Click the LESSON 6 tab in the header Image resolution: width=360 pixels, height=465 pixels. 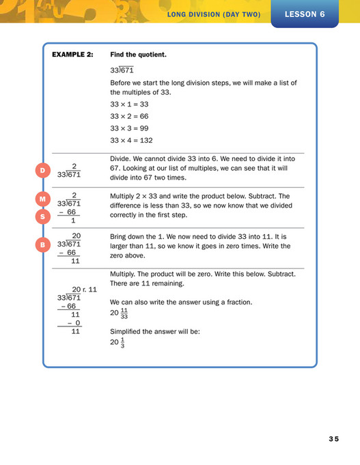[304, 13]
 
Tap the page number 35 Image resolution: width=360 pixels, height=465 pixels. [333, 438]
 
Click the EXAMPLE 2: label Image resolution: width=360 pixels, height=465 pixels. [73, 54]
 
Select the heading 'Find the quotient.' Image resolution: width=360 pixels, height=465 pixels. [138, 54]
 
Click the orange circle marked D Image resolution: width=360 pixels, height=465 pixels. [42, 170]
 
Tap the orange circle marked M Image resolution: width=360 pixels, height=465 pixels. [42, 199]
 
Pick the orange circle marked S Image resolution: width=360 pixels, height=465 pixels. [42, 216]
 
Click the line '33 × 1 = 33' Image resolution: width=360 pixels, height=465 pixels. [129, 104]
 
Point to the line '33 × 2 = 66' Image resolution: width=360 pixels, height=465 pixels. [129, 116]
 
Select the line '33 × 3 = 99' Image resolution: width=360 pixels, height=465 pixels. [129, 128]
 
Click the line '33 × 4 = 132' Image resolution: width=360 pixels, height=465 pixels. [131, 140]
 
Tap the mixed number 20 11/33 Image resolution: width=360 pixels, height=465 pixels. [120, 313]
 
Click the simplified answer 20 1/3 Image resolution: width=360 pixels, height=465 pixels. [117, 343]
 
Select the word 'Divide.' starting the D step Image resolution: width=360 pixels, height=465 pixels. [122, 158]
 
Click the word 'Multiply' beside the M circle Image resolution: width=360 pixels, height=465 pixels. [123, 196]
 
